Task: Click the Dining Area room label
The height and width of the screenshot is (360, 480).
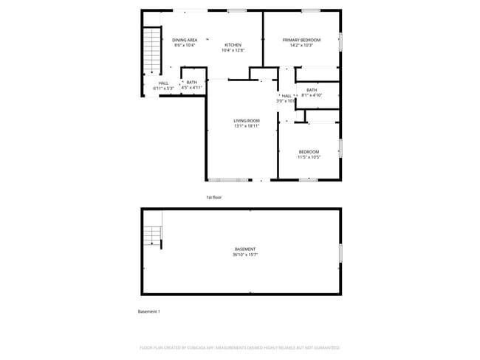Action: tap(185, 40)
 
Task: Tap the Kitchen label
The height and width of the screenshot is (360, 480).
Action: tap(233, 45)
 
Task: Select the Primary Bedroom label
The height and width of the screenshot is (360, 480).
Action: tap(301, 40)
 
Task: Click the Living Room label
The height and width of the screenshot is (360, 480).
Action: tap(247, 120)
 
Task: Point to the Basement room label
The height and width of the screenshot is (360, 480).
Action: tap(246, 249)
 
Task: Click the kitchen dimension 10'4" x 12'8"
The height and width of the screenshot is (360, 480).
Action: tap(233, 50)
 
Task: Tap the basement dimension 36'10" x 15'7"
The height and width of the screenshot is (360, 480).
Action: tap(246, 255)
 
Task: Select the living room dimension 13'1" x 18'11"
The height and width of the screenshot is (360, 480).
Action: tap(247, 125)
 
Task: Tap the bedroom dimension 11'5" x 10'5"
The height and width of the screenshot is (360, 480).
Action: tap(309, 157)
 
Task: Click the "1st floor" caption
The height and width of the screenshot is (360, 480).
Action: tap(214, 198)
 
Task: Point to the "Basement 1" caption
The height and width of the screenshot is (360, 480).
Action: tap(149, 311)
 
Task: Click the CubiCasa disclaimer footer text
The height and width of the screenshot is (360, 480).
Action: tap(240, 347)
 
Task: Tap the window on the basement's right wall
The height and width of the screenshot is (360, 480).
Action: tap(340, 253)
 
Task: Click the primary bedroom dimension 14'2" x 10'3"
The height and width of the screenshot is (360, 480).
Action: tap(301, 45)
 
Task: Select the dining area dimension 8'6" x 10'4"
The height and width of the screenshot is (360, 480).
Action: tap(185, 45)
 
